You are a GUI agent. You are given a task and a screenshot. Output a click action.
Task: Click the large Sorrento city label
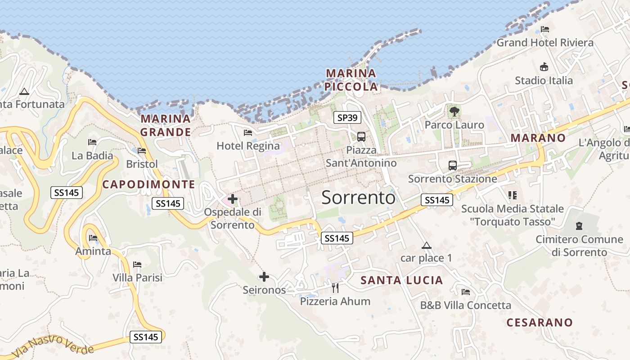pyautogui.click(x=359, y=198)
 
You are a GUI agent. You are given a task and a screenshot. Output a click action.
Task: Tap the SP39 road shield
pyautogui.click(x=348, y=118)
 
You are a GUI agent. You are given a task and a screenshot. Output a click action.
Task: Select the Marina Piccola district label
pyautogui.click(x=351, y=80)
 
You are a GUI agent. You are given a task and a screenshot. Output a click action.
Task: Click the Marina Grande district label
pyautogui.click(x=165, y=125)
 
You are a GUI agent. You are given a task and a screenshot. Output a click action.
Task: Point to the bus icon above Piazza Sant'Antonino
pyautogui.click(x=361, y=136)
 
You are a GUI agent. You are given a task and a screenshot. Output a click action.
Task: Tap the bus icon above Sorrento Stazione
pyautogui.click(x=452, y=165)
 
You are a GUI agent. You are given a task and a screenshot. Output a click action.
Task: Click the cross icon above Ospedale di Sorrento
pyautogui.click(x=233, y=198)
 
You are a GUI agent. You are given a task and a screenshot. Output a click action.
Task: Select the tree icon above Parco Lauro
pyautogui.click(x=454, y=111)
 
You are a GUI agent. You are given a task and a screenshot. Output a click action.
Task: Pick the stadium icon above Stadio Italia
pyautogui.click(x=544, y=67)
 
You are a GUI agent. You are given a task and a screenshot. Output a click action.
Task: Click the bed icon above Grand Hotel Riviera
pyautogui.click(x=545, y=29)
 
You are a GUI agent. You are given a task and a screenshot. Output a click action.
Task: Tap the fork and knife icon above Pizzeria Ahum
pyautogui.click(x=335, y=287)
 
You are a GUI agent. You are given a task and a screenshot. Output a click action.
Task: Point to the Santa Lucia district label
pyautogui.click(x=402, y=280)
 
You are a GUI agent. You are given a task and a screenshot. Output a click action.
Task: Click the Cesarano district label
pyautogui.click(x=540, y=322)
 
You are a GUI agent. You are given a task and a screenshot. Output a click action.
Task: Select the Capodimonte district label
pyautogui.click(x=148, y=184)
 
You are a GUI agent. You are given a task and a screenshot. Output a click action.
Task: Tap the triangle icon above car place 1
pyautogui.click(x=426, y=246)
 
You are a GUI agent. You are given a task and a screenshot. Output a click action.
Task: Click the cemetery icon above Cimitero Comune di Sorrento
pyautogui.click(x=579, y=225)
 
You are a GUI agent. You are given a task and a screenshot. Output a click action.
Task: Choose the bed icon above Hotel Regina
pyautogui.click(x=247, y=132)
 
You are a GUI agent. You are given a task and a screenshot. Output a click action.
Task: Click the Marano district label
pyautogui.click(x=538, y=138)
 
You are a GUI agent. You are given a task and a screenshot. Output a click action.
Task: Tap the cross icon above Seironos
pyautogui.click(x=264, y=277)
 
